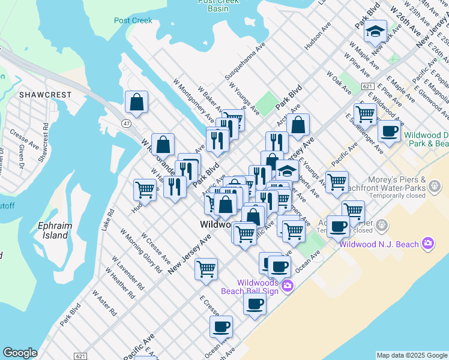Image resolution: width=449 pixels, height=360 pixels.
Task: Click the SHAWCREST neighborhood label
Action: point(45,95)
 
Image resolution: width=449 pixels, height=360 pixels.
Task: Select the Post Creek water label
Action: point(133,20)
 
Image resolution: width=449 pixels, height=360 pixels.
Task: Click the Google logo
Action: point(20,353)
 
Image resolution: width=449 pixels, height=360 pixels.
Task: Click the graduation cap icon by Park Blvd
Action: point(376,32)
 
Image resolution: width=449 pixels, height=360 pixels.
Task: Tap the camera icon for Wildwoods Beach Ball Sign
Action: point(288,286)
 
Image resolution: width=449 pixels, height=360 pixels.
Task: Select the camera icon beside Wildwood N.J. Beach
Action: point(427,244)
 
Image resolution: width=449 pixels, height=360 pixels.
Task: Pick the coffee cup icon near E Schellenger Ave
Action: point(389,131)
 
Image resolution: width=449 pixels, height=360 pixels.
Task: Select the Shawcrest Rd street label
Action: point(43,141)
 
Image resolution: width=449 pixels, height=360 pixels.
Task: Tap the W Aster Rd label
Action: point(104,303)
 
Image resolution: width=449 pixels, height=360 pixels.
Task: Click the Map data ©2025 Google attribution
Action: point(412,355)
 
